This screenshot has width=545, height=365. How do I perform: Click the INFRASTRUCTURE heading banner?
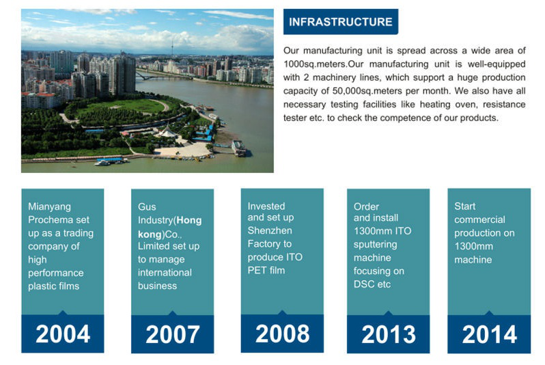click(341, 22)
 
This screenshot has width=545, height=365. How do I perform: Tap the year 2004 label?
click(63, 334)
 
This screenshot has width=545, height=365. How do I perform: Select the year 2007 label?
click(173, 334)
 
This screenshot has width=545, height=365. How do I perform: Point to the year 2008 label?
click(282, 334)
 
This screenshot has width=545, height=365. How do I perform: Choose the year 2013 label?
click(388, 334)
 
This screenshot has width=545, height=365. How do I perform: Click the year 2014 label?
click(490, 334)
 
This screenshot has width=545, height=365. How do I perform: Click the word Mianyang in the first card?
click(49, 206)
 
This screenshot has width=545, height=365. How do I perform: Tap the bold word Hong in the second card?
click(189, 221)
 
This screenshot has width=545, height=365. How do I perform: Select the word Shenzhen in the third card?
click(270, 231)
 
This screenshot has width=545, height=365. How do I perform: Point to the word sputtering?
click(376, 245)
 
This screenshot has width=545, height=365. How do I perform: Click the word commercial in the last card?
click(479, 220)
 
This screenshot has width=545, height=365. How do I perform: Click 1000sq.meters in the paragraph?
click(314, 64)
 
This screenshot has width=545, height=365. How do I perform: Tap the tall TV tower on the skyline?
click(171, 48)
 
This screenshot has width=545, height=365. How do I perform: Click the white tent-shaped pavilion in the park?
click(167, 131)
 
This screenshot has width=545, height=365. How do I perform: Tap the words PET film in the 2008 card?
click(266, 271)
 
